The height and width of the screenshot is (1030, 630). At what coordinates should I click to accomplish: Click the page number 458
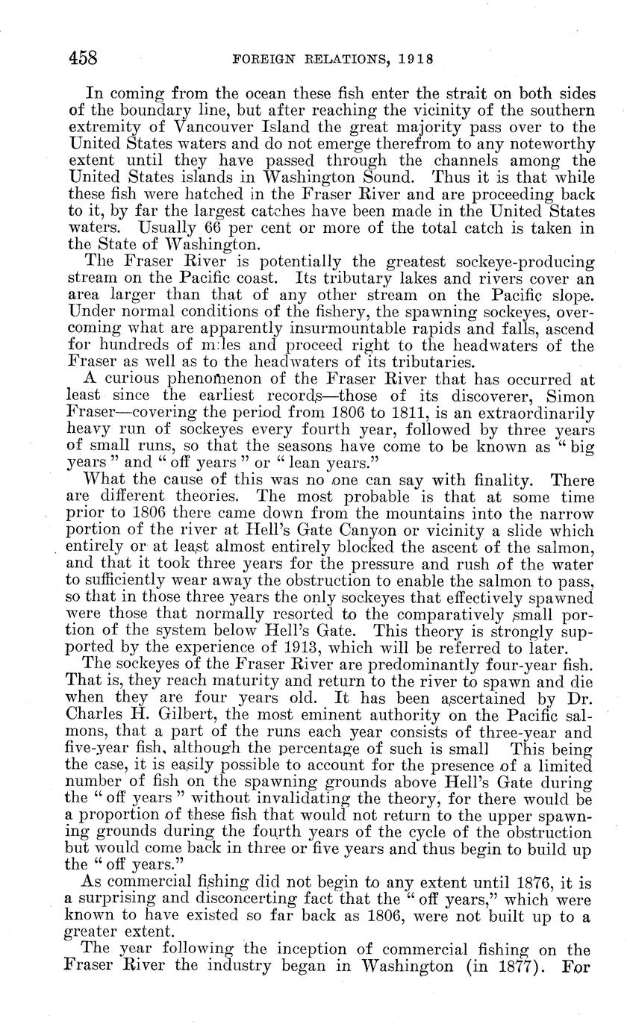click(83, 57)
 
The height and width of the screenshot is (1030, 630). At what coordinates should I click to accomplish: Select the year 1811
click(386, 413)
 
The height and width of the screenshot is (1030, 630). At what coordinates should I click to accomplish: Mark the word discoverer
click(502, 396)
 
